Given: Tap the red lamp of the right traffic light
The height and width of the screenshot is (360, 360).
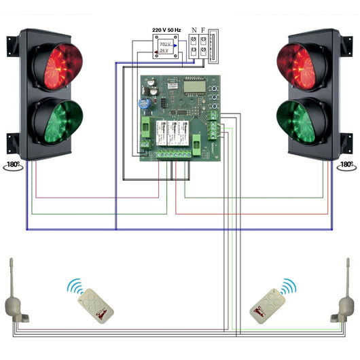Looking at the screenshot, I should click(x=305, y=67).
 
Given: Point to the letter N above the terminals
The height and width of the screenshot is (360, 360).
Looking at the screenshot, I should click(x=194, y=31).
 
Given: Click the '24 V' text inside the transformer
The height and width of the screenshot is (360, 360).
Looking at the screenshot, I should click(x=163, y=52).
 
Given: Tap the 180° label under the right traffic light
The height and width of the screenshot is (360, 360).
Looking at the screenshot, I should click(x=346, y=165).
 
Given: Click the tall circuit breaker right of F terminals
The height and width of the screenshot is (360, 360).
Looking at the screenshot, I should click(x=214, y=46).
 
